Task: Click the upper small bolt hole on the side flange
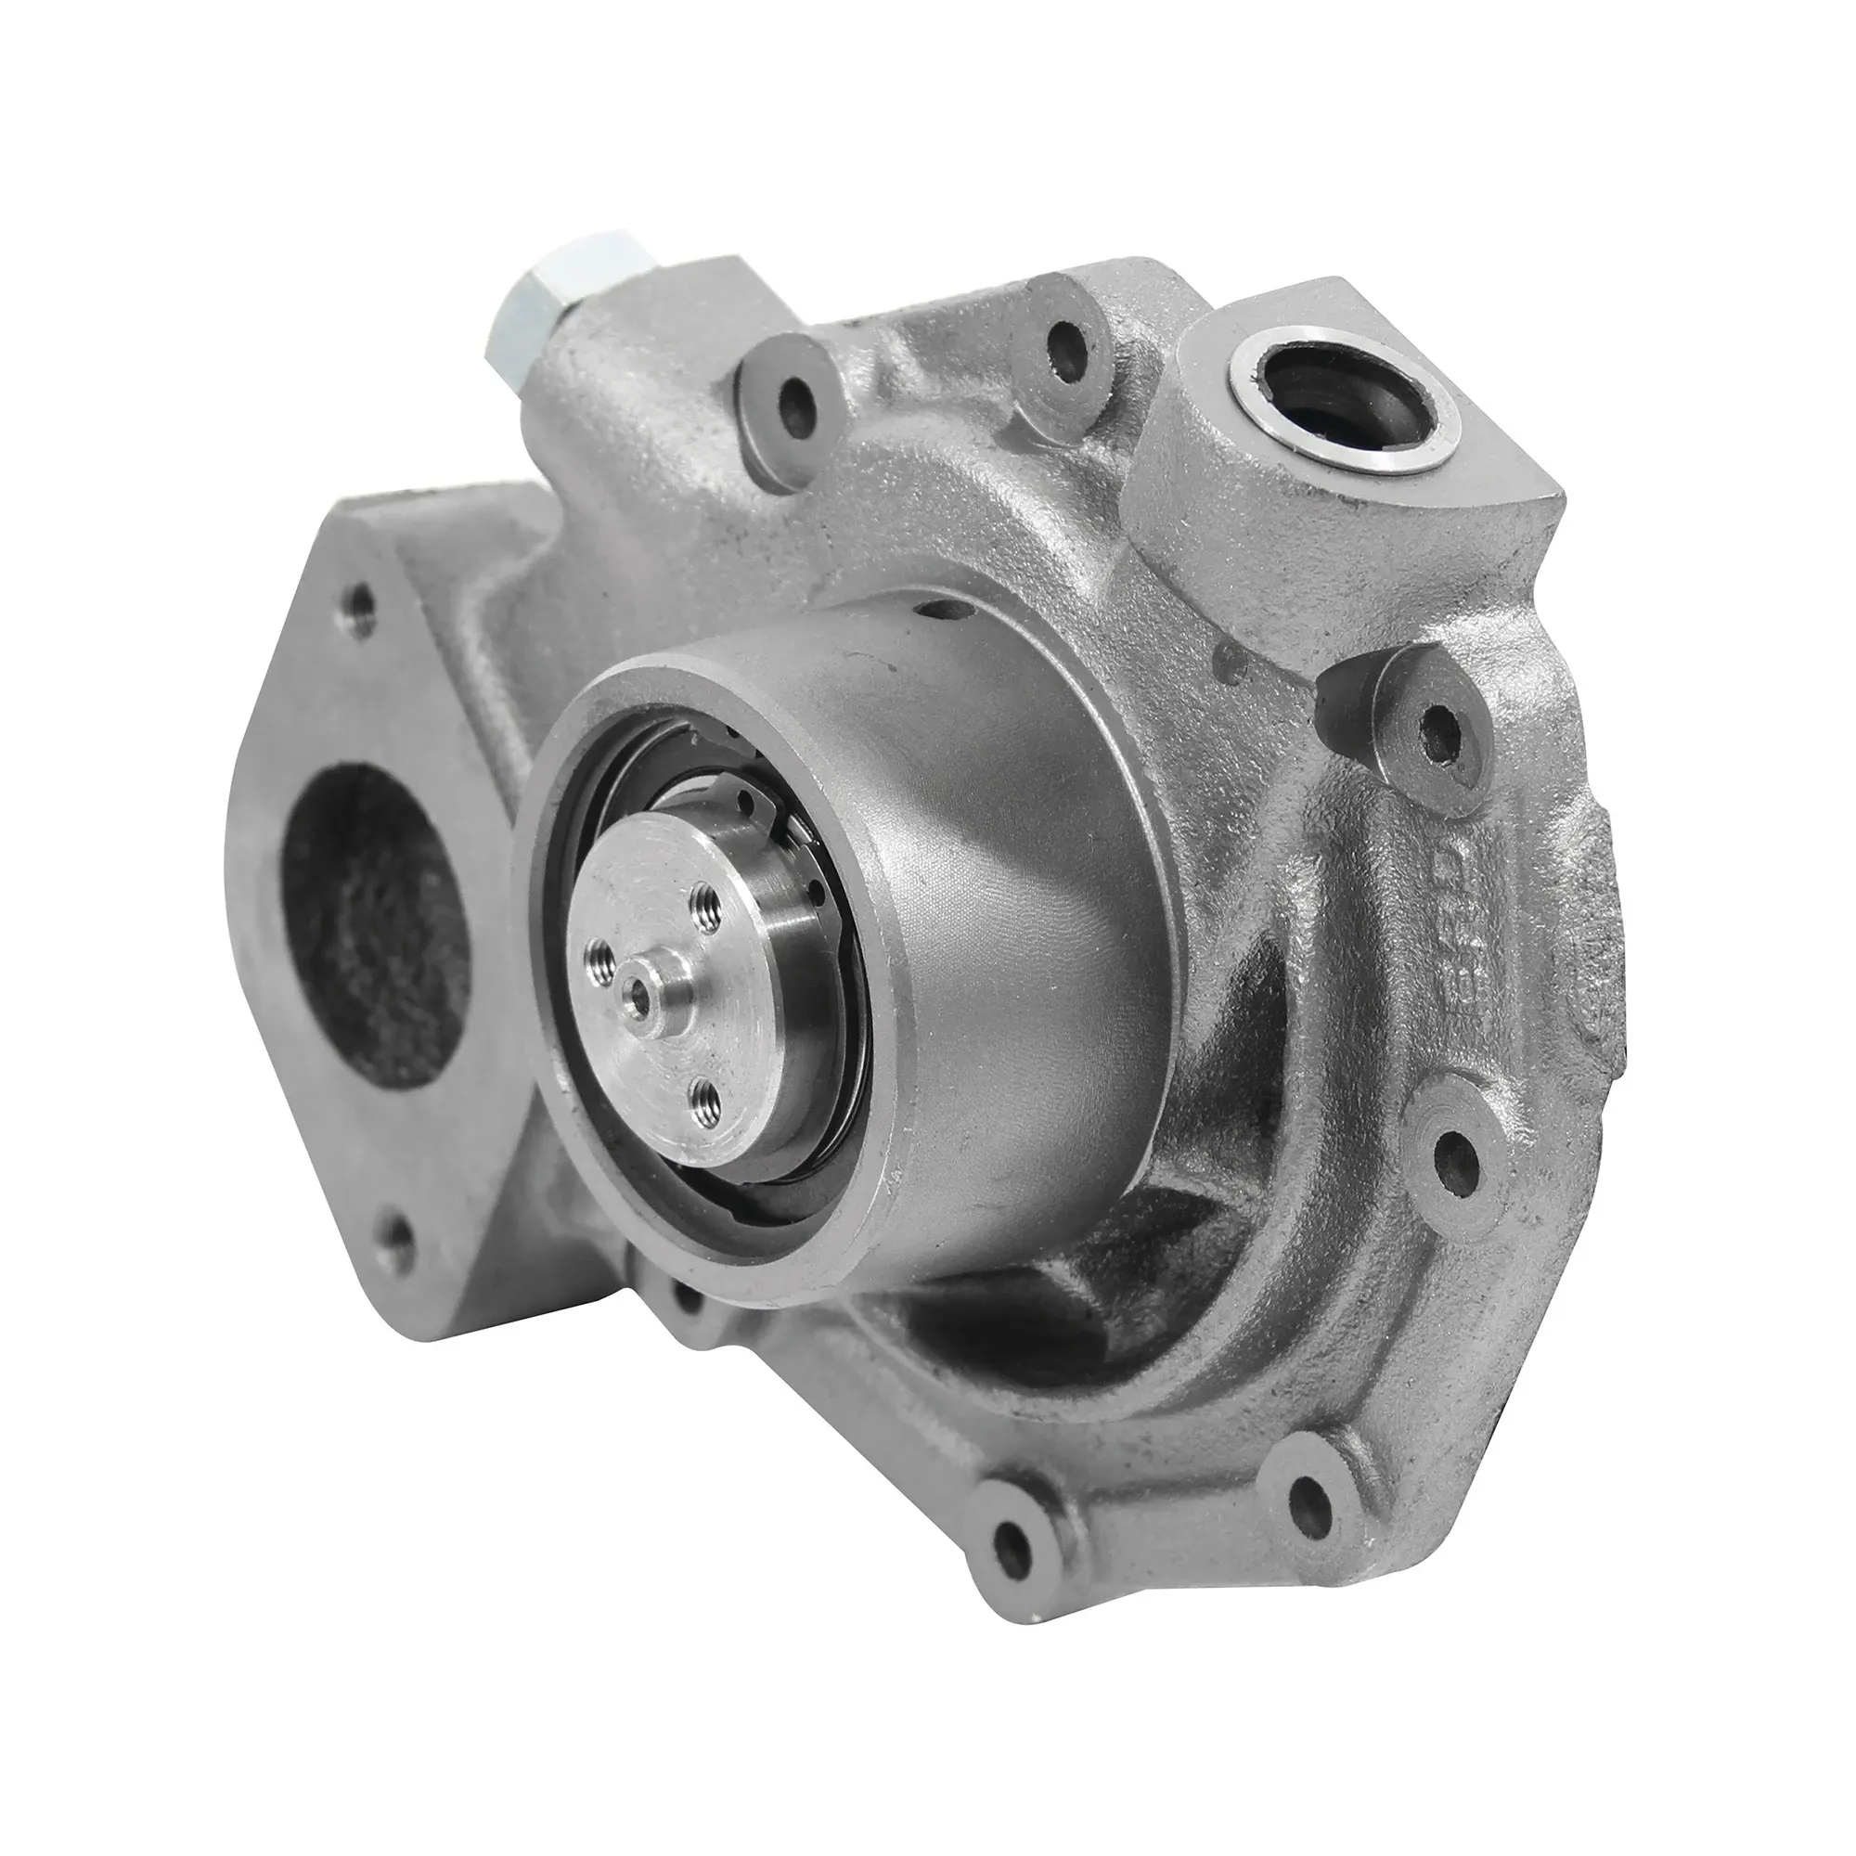362,604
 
